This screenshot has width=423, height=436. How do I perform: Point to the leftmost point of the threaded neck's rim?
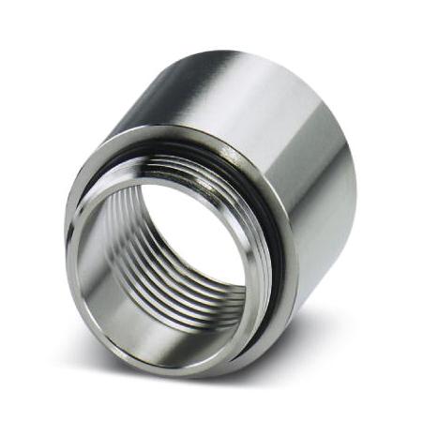pyautogui.click(x=68, y=253)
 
